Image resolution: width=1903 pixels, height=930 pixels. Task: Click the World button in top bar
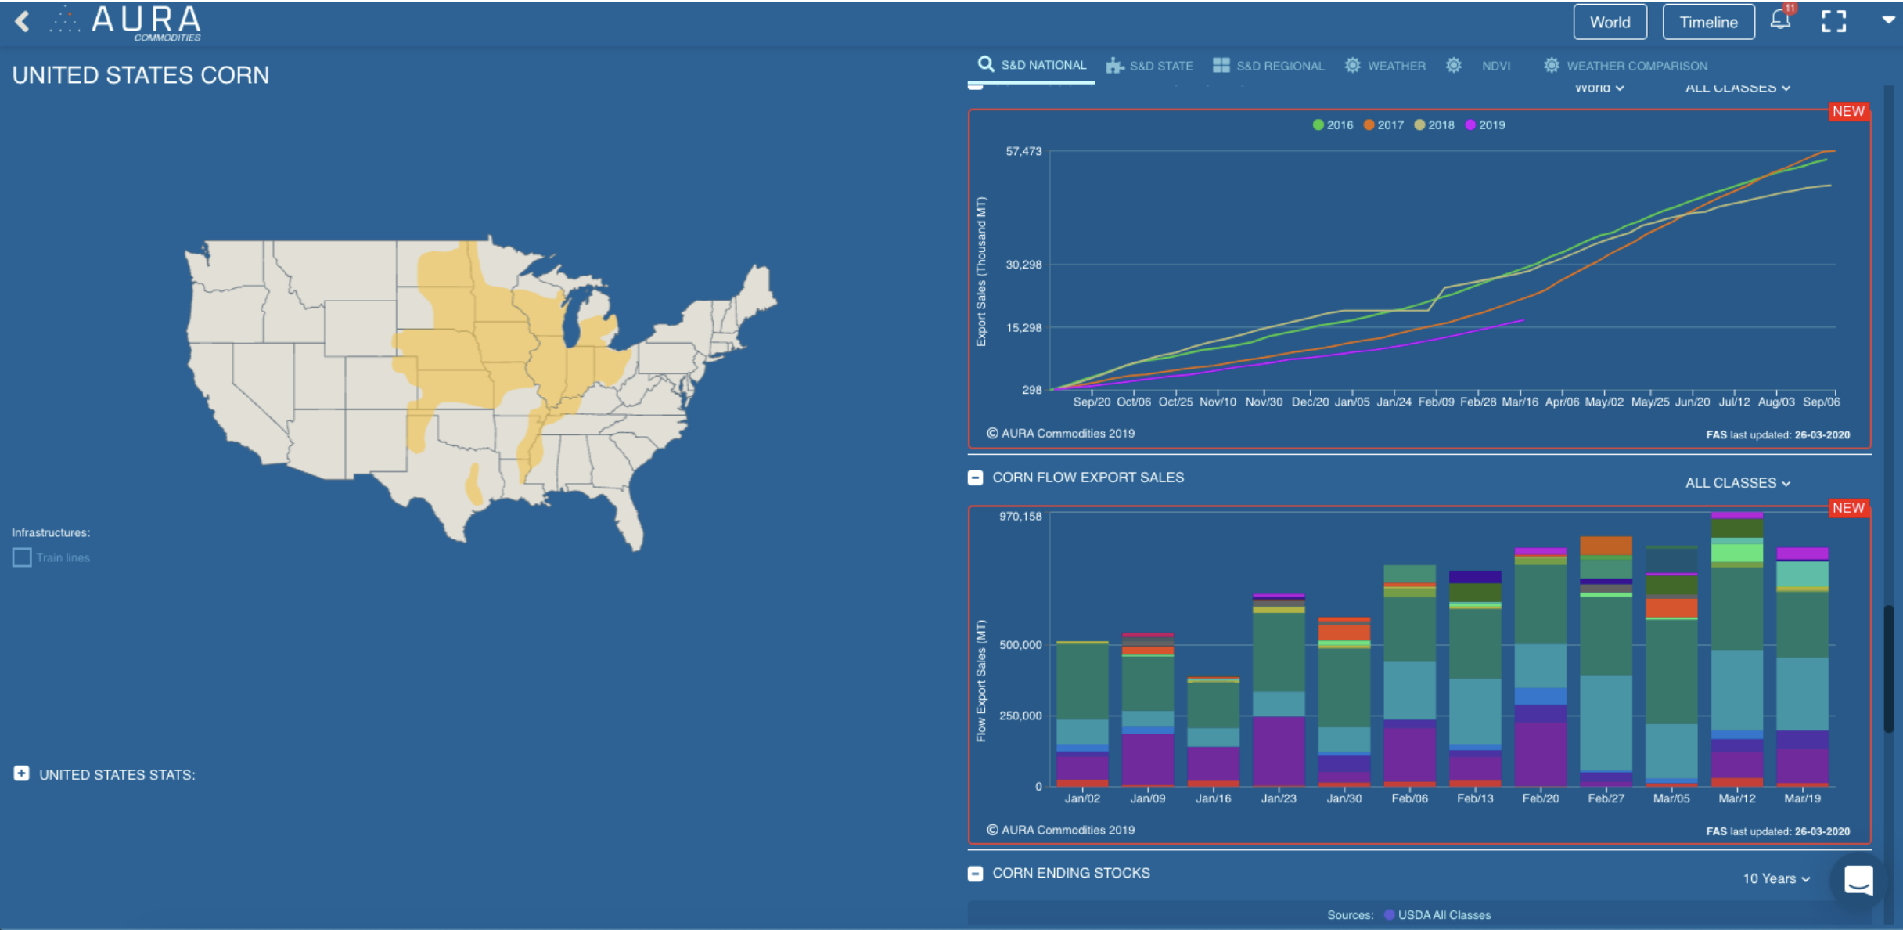click(1610, 22)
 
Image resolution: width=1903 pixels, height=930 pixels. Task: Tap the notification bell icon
click(1780, 20)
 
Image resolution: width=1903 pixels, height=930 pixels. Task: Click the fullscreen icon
click(1833, 21)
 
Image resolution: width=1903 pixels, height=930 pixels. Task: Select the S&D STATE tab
click(1150, 66)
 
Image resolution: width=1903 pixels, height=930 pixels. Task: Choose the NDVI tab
click(1495, 66)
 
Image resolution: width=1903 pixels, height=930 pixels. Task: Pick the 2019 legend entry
click(1485, 125)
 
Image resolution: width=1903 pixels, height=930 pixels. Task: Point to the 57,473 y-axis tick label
click(1023, 151)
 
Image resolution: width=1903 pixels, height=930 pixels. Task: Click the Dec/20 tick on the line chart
click(1309, 402)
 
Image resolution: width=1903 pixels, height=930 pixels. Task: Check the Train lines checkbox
click(22, 557)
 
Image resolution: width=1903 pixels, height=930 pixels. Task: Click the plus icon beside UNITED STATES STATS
click(21, 773)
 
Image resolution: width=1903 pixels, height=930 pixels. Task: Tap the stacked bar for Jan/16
click(1213, 732)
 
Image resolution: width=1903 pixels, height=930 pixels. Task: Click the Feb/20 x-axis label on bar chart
click(1540, 798)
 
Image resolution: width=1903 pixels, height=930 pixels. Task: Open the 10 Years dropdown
click(1775, 878)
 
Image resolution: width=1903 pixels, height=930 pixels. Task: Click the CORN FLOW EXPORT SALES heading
click(1088, 478)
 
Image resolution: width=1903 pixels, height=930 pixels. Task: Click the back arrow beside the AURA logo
click(22, 21)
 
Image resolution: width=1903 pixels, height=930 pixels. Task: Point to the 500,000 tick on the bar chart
click(1020, 645)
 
